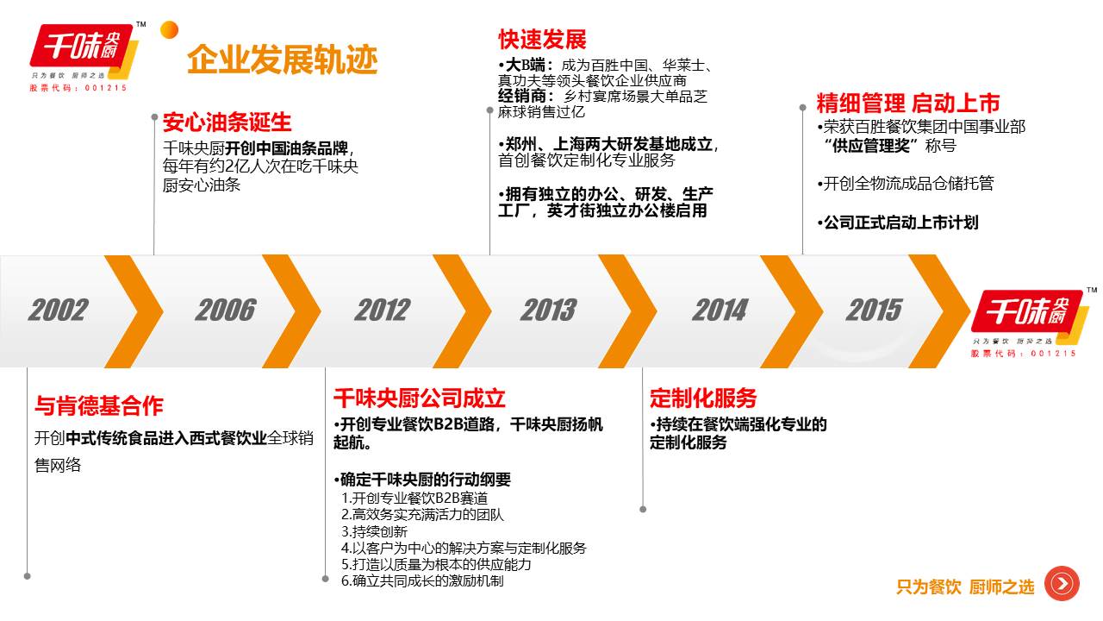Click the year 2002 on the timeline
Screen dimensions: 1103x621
pyautogui.click(x=58, y=310)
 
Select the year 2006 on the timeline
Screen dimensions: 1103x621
pyautogui.click(x=226, y=310)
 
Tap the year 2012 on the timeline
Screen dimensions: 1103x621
pyautogui.click(x=382, y=310)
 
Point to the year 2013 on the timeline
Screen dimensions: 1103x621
pyautogui.click(x=548, y=310)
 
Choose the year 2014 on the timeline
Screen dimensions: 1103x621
pyautogui.click(x=720, y=310)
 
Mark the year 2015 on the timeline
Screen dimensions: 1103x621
pyautogui.click(x=874, y=310)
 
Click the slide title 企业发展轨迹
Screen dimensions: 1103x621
pyautogui.click(x=282, y=60)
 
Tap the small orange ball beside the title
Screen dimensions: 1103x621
pyautogui.click(x=170, y=30)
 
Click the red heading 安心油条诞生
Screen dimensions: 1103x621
pyautogui.click(x=227, y=122)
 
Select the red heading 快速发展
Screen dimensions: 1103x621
pyautogui.click(x=542, y=40)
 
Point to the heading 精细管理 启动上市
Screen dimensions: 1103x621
pyautogui.click(x=908, y=103)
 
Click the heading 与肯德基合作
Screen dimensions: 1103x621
pyautogui.click(x=99, y=405)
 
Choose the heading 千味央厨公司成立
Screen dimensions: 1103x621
pyautogui.click(x=420, y=398)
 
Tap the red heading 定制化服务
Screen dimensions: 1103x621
pyautogui.click(x=703, y=398)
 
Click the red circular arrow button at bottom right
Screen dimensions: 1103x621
pyautogui.click(x=1062, y=584)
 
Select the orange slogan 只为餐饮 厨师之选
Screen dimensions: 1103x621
pyautogui.click(x=965, y=587)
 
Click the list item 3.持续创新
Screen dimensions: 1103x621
pyautogui.click(x=374, y=531)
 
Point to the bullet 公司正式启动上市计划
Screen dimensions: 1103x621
pyautogui.click(x=898, y=223)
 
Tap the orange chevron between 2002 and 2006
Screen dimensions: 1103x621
pyautogui.click(x=134, y=311)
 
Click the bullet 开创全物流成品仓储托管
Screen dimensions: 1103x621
pyautogui.click(x=906, y=184)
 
